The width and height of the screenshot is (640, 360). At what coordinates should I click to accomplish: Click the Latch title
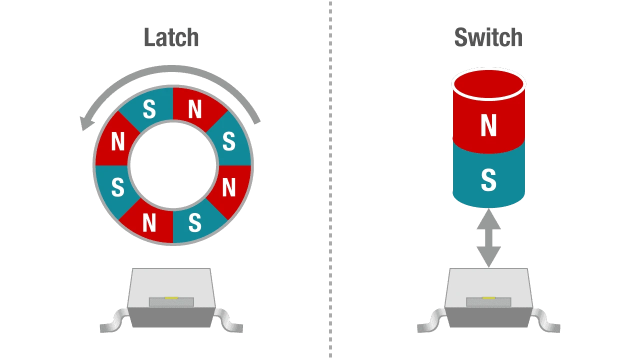[x=171, y=37]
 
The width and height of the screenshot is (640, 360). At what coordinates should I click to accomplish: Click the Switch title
[x=488, y=37]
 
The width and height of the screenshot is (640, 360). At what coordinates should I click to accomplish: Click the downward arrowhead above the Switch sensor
[x=489, y=257]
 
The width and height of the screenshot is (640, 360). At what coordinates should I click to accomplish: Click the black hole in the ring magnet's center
[x=173, y=165]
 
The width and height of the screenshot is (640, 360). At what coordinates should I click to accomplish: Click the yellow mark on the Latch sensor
[x=171, y=298]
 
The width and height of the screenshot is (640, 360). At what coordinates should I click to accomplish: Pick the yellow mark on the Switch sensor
[x=488, y=298]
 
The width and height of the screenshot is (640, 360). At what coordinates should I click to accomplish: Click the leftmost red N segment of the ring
[x=117, y=141]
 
